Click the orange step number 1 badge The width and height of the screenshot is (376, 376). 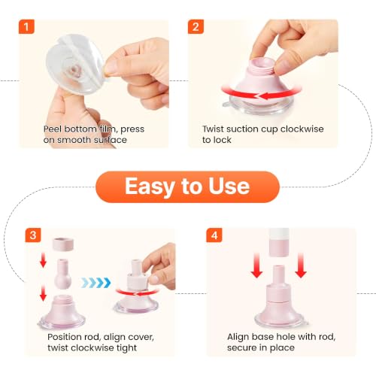pyautogui.click(x=26, y=26)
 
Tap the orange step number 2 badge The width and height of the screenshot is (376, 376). pyautogui.click(x=196, y=26)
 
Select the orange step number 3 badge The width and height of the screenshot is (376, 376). pyautogui.click(x=33, y=235)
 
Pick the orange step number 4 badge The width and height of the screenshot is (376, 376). pyautogui.click(x=214, y=235)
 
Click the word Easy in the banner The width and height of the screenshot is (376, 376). pyautogui.click(x=150, y=186)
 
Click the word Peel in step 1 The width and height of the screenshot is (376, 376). pyautogui.click(x=53, y=129)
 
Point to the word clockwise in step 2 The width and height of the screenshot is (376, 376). pyautogui.click(x=302, y=129)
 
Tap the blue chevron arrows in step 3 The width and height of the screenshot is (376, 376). pyautogui.click(x=96, y=283)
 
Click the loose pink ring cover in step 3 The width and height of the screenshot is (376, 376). pyautogui.click(x=63, y=244)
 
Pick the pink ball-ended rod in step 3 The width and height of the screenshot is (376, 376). pyautogui.click(x=62, y=274)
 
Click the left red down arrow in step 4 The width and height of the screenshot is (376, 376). pyautogui.click(x=256, y=265)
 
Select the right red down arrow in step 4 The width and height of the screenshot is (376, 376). pyautogui.click(x=301, y=265)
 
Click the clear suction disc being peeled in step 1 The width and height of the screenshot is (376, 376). pyautogui.click(x=74, y=65)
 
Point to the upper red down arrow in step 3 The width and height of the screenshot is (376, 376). pyautogui.click(x=43, y=260)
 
